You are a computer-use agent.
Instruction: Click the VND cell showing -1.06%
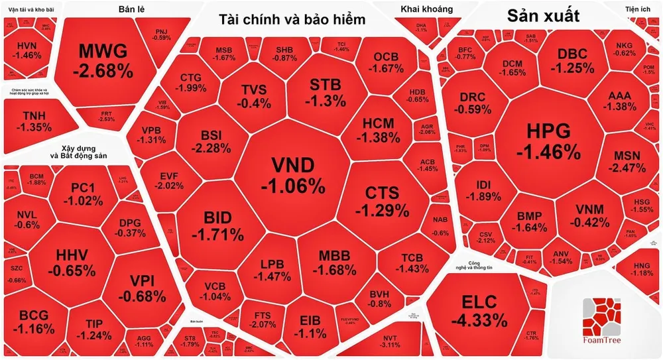point(292,175)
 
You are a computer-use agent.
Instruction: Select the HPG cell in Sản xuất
point(548,141)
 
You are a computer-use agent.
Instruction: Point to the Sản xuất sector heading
point(543,17)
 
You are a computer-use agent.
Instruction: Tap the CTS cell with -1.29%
point(382,201)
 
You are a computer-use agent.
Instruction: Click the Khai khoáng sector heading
point(427,9)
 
